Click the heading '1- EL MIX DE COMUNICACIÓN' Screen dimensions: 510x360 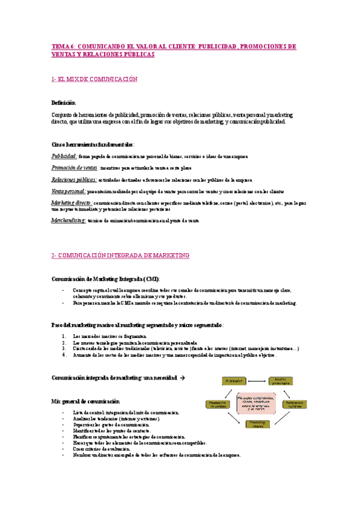(94, 79)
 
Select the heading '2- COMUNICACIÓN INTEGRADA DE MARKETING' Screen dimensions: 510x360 (120, 256)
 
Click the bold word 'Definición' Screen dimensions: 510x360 (64, 103)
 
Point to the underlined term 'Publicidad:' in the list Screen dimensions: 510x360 (64, 156)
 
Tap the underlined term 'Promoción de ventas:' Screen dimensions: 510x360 (75, 168)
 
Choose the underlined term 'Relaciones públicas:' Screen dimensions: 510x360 (74, 180)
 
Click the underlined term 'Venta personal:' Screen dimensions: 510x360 (69, 191)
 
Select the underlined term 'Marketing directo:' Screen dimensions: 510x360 (72, 203)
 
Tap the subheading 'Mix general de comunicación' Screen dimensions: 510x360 (85, 401)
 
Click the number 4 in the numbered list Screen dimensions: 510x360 (64, 355)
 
